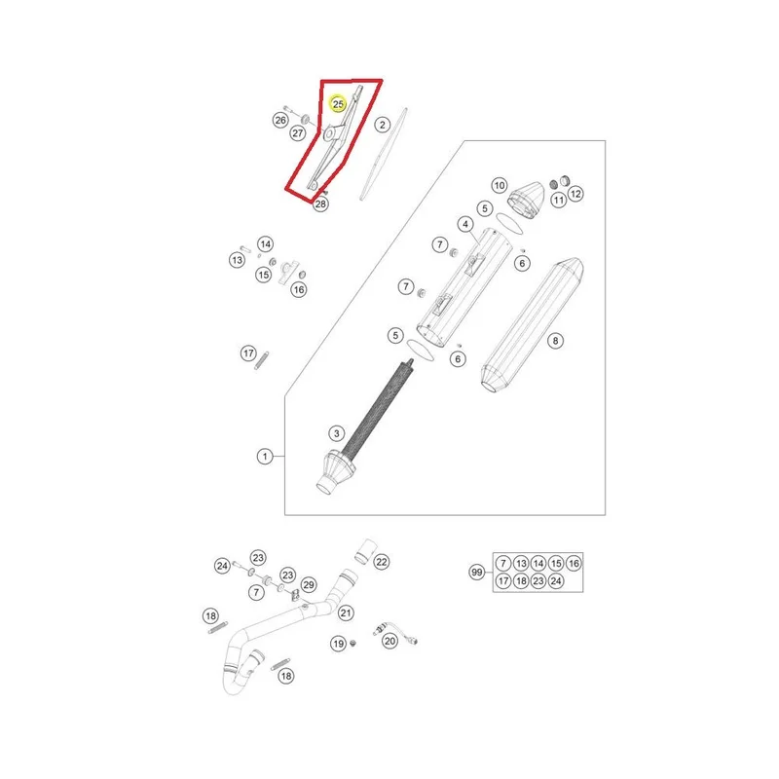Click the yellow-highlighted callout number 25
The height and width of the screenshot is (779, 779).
coord(338,104)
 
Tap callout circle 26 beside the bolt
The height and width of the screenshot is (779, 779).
coord(280,120)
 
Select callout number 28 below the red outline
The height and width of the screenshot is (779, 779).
coord(320,204)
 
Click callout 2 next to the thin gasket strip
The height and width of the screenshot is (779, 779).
coord(382,125)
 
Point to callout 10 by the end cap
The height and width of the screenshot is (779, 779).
coord(500,185)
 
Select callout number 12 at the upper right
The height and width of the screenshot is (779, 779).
coord(575,194)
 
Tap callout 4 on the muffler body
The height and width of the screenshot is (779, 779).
coord(465,224)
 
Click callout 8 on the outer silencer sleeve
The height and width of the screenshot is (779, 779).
coord(555,340)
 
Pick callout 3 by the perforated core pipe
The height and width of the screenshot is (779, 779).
coord(336,433)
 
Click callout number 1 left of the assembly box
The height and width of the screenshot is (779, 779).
coord(265,456)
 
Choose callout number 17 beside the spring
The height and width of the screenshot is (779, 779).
coord(248,353)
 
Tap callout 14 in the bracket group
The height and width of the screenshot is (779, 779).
coord(265,244)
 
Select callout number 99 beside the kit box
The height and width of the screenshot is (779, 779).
coord(477,573)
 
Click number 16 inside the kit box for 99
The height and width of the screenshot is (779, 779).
coord(574,564)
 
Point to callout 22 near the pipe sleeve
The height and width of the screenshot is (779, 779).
coord(381,562)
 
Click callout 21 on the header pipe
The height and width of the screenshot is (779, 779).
coord(346,613)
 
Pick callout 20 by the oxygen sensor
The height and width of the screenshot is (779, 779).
coord(390,641)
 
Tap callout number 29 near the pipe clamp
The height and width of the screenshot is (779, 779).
coord(309,585)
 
